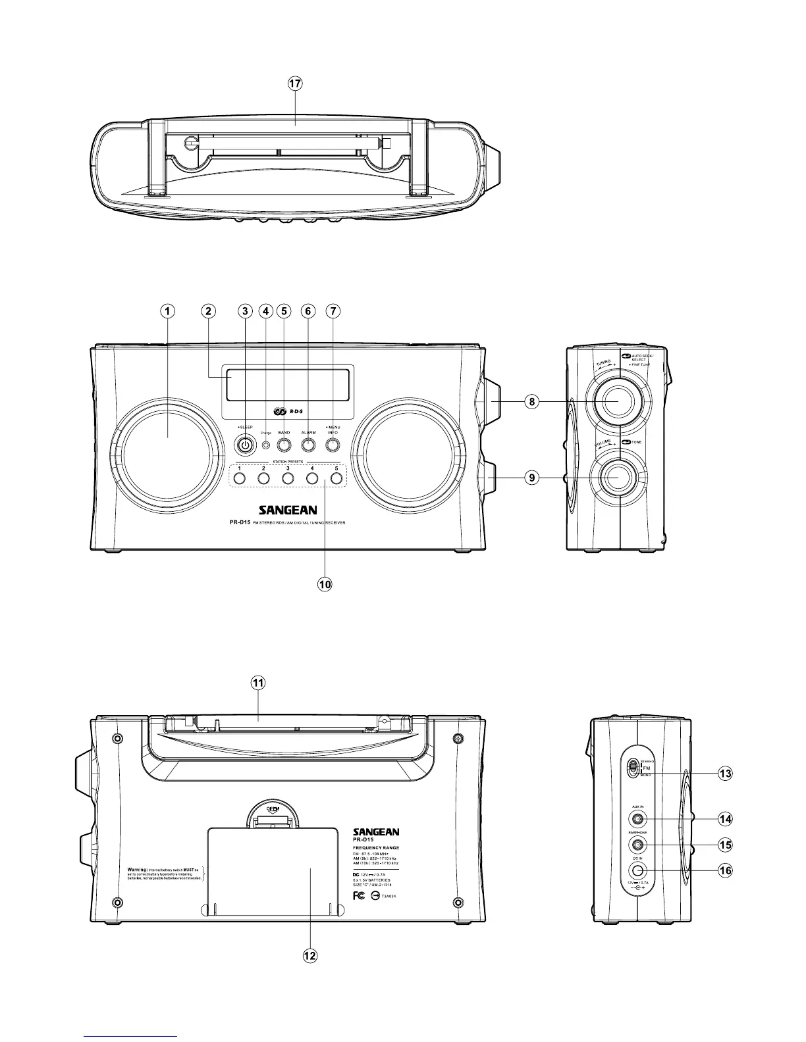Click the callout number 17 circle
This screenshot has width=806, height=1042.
(x=295, y=84)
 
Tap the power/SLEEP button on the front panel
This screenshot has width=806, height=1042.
(x=245, y=445)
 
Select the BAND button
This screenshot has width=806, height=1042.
(x=284, y=445)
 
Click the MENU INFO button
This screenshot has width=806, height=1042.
(x=333, y=445)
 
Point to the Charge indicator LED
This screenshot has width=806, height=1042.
(x=265, y=445)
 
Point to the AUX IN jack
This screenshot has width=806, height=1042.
(x=637, y=819)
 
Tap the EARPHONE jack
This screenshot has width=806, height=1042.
(x=637, y=845)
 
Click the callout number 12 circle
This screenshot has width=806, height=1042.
(x=309, y=956)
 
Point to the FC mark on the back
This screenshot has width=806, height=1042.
(x=360, y=896)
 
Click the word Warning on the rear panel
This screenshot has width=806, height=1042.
(x=141, y=869)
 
